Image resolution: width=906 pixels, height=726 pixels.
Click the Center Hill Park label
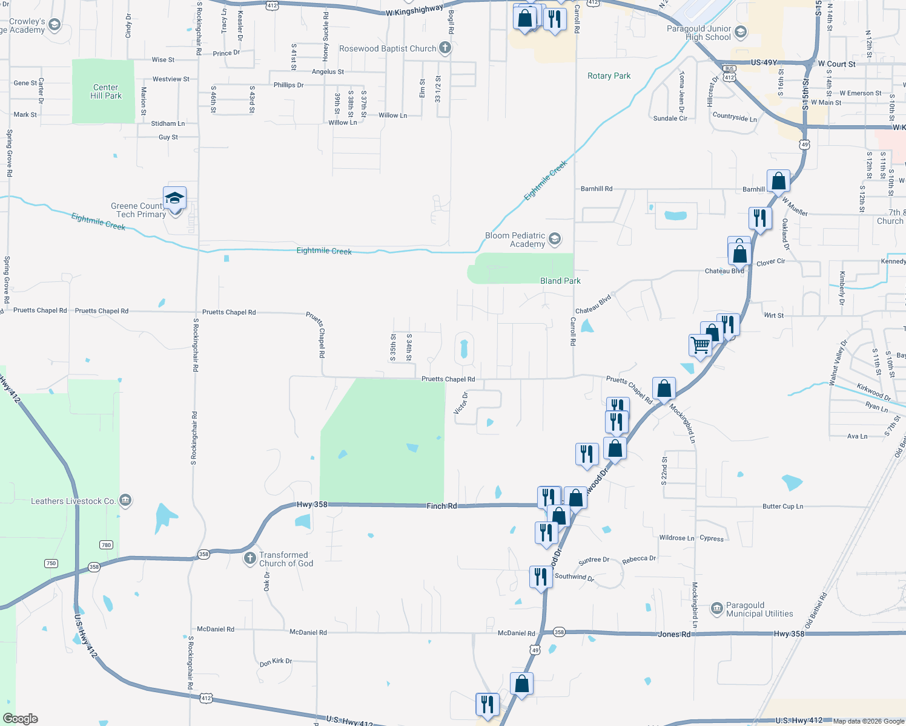pyautogui.click(x=106, y=91)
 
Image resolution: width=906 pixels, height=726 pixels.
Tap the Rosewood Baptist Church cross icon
pyautogui.click(x=445, y=48)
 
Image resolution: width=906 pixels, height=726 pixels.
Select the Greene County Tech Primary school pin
pyautogui.click(x=174, y=198)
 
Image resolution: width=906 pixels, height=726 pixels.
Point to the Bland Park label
pyautogui.click(x=560, y=281)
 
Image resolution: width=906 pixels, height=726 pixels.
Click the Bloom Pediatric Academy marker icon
pyautogui.click(x=554, y=240)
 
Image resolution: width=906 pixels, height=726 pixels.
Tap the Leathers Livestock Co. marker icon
pyautogui.click(x=125, y=500)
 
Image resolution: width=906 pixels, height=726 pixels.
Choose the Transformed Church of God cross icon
pyautogui.click(x=250, y=558)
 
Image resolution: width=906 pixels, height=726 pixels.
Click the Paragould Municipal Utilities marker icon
pyautogui.click(x=716, y=609)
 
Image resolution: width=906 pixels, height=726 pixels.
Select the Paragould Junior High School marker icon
pyautogui.click(x=740, y=32)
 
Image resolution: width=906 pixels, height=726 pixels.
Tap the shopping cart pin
pyautogui.click(x=701, y=345)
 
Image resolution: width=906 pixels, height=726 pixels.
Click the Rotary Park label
pyautogui.click(x=609, y=76)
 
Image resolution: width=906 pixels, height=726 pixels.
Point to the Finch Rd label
pyautogui.click(x=441, y=506)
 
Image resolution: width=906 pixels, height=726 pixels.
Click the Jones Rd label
pyautogui.click(x=674, y=634)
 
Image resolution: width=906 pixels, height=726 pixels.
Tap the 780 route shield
pyautogui.click(x=106, y=544)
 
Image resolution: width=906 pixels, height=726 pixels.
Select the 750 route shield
pyautogui.click(x=51, y=563)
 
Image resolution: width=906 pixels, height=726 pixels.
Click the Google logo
pyautogui.click(x=21, y=719)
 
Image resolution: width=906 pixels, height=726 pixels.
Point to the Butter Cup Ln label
pyautogui.click(x=782, y=506)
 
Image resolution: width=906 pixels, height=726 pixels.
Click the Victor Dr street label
pyautogui.click(x=461, y=404)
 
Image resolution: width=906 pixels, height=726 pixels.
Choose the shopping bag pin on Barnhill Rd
pyautogui.click(x=778, y=181)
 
